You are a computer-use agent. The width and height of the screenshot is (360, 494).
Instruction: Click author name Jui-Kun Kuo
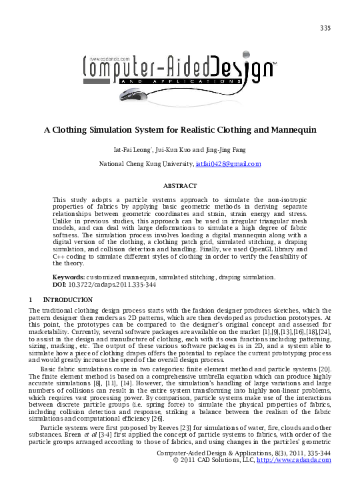click(171, 150)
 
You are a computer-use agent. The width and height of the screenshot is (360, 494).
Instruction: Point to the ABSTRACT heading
click(180, 185)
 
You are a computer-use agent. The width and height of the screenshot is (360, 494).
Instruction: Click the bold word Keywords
click(68, 276)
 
